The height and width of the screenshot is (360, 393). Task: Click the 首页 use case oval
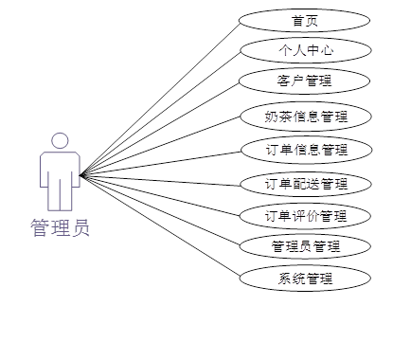pos(304,20)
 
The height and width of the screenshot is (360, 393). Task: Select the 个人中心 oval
pos(304,49)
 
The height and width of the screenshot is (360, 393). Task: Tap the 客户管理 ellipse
pos(304,81)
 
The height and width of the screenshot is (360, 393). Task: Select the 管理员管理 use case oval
pos(305,246)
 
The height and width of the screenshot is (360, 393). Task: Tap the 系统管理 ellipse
pos(305,279)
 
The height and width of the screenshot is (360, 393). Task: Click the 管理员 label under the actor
pos(61,228)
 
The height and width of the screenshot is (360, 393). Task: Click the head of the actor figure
pos(61,141)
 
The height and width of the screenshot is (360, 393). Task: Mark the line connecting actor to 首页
pos(161,98)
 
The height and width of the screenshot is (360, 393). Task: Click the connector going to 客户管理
pos(161,128)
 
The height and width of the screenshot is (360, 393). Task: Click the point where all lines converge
pos(81,174)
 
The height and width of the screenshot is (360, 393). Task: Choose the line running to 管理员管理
pos(161,210)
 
